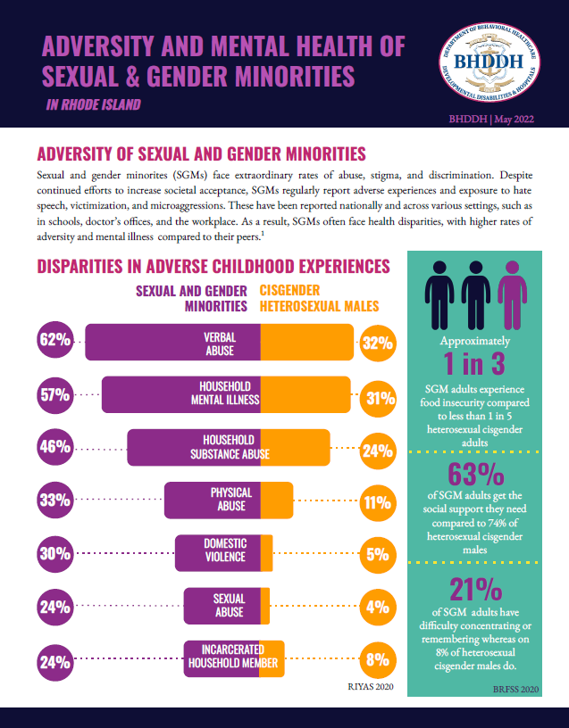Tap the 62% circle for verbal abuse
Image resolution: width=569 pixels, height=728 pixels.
click(54, 340)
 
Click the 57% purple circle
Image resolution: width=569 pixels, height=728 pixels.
click(54, 393)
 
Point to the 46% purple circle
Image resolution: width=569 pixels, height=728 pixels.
click(54, 446)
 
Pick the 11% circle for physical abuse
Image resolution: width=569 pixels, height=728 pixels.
click(379, 501)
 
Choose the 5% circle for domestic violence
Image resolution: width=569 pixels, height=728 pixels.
click(379, 554)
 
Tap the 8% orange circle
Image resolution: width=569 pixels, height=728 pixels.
click(379, 661)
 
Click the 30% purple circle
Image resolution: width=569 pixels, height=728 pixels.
click(54, 554)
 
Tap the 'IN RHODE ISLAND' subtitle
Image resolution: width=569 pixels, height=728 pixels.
click(93, 105)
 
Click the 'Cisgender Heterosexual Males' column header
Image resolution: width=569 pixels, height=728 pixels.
click(319, 298)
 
